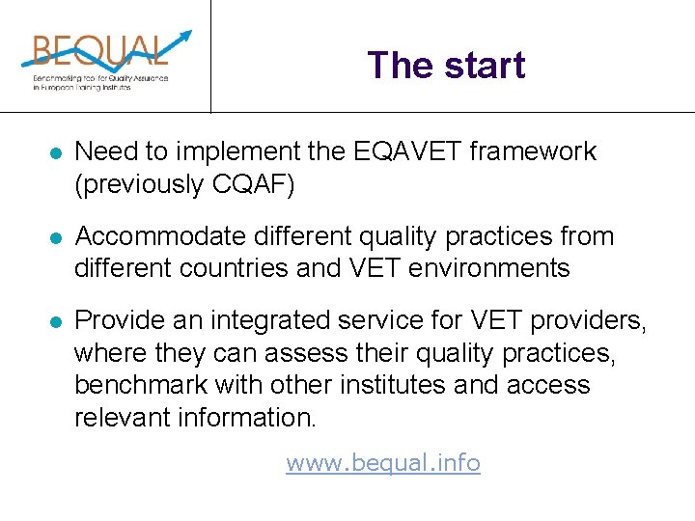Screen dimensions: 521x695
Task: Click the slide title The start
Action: coord(446,66)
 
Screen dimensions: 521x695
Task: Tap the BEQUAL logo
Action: coord(101,60)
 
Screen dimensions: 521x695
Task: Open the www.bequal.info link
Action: coord(383,463)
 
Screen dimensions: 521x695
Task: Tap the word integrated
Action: coord(272,321)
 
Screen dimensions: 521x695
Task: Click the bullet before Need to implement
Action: coord(56,152)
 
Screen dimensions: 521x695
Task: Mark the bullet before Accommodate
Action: coord(56,237)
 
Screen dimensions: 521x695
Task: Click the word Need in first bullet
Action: coord(102,151)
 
